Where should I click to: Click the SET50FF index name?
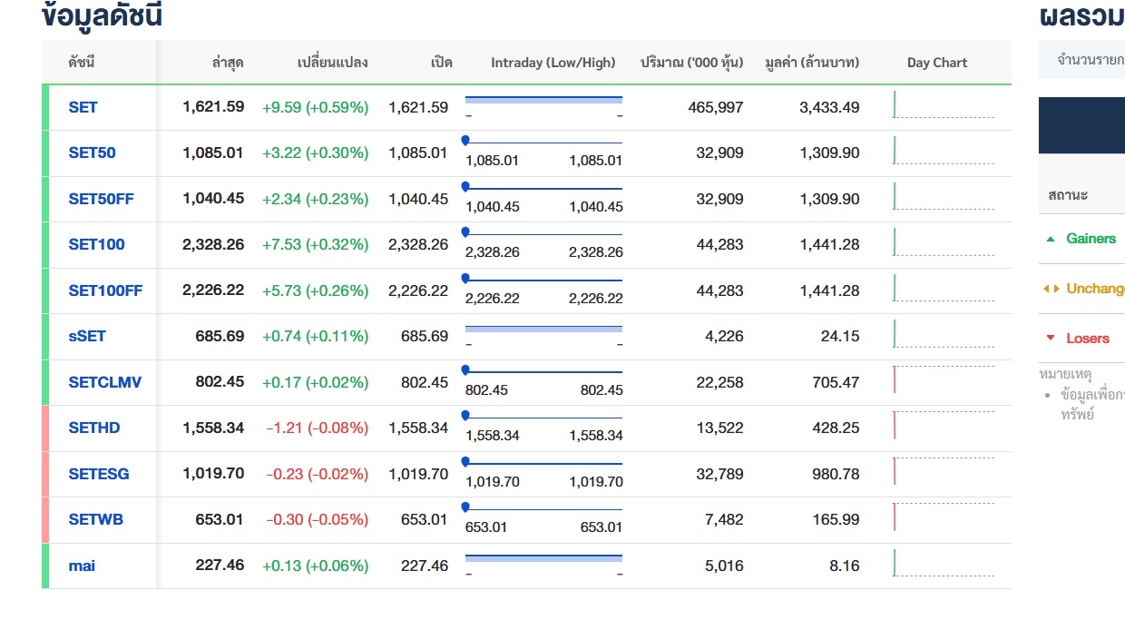point(101,199)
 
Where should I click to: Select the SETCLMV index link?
point(105,382)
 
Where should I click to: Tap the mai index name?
point(82,566)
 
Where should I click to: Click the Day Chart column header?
point(936,63)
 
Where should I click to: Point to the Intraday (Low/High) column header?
point(553,63)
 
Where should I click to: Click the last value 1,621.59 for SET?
point(213,107)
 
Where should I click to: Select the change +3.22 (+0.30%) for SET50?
point(316,153)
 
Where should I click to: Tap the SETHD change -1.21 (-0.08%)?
point(318,428)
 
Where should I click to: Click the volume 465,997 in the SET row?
point(715,107)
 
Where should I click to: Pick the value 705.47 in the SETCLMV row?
point(836,382)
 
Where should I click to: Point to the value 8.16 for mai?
point(845,566)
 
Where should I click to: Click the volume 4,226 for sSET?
point(724,336)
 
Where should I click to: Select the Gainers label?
point(1091,238)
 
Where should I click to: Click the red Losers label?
point(1088,338)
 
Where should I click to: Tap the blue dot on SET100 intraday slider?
point(465,232)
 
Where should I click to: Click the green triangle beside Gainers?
point(1051,239)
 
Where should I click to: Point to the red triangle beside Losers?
point(1051,338)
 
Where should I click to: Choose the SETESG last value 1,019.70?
point(213,474)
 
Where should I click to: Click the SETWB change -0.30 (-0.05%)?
point(318,519)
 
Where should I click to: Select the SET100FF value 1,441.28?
point(829,290)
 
